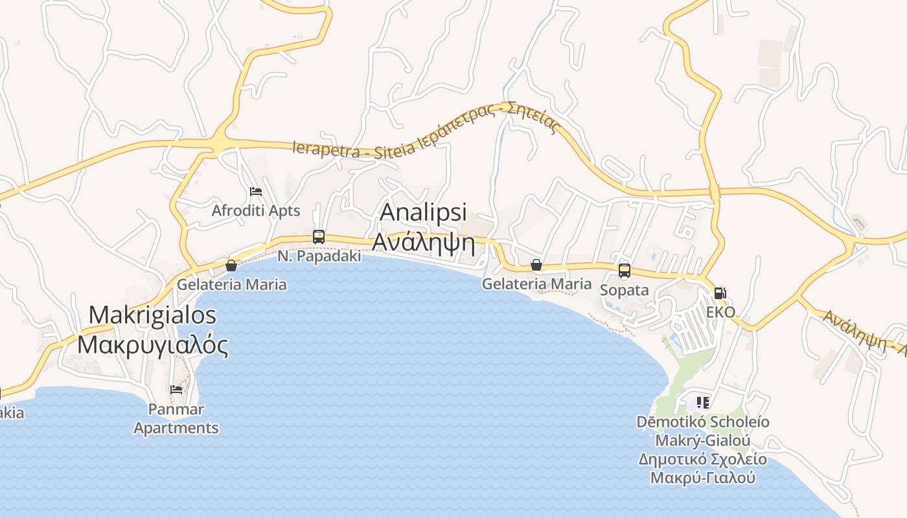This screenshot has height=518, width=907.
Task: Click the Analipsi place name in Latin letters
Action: pos(423,213)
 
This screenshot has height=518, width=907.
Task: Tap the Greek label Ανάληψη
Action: pos(423,243)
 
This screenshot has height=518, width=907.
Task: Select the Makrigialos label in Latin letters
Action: pos(152,315)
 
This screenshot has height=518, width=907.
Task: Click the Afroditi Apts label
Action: pos(256,210)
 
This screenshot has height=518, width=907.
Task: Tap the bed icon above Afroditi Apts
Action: pos(256,192)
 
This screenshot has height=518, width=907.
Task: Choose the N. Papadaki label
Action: pos(319,256)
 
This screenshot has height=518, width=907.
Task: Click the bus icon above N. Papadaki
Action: pos(319,237)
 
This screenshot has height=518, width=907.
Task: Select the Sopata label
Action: pos(624,290)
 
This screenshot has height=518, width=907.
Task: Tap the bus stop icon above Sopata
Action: pos(624,271)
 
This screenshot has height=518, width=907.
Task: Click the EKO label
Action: pos(720,312)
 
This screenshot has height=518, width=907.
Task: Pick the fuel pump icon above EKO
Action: pos(720,293)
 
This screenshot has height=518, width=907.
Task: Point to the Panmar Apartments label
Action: pos(176,419)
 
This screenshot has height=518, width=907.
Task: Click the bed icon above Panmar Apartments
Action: pos(176,390)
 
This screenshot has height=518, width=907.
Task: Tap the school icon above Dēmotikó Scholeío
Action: pos(703,403)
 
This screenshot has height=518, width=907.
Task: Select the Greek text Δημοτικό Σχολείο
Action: pos(703,460)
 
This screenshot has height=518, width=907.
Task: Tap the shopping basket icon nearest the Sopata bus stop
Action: pos(536,265)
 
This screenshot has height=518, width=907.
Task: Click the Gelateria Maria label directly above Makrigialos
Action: pos(231,284)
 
